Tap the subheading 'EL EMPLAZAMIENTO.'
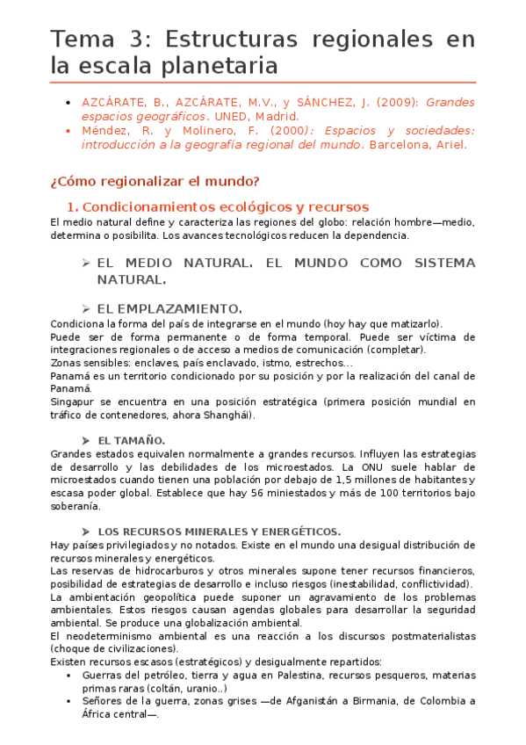coord(169,308)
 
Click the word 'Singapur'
coord(71,402)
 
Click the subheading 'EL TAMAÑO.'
coord(132,439)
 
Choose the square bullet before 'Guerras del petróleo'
coord(68,675)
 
